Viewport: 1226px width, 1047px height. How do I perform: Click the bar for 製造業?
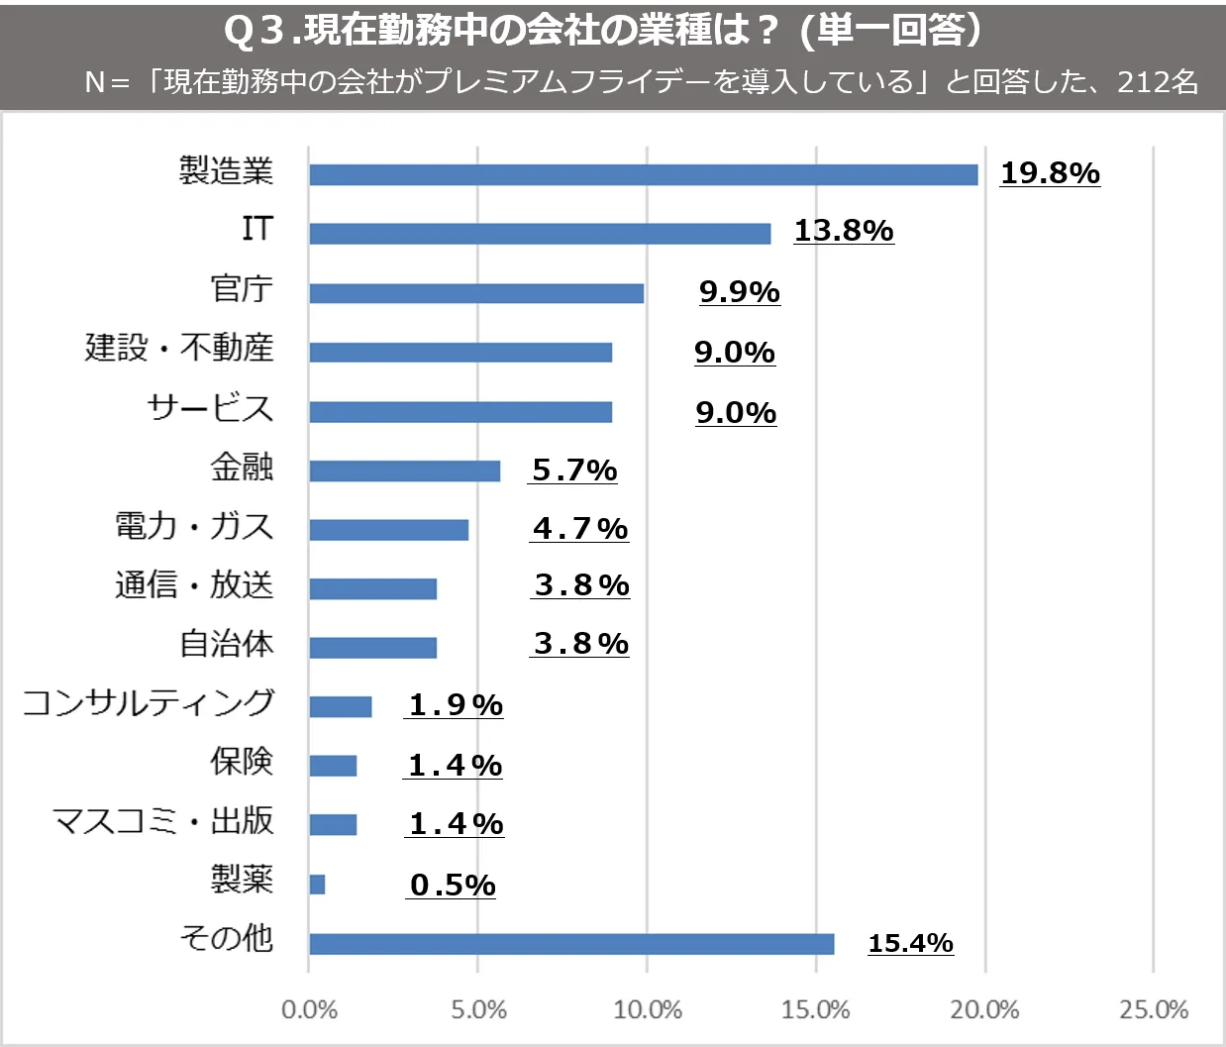click(644, 175)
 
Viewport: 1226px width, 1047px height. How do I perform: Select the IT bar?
click(540, 234)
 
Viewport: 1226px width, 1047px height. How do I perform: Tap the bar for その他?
click(571, 944)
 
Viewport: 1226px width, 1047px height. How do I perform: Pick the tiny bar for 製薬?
click(317, 885)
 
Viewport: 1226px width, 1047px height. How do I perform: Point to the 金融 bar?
click(404, 471)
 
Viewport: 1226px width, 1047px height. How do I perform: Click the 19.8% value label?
click(1050, 173)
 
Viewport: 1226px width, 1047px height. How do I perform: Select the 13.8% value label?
click(844, 231)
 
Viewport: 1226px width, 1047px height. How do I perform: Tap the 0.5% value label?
click(453, 885)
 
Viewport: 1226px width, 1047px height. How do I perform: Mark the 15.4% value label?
click(910, 943)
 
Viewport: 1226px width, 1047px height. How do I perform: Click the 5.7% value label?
click(574, 471)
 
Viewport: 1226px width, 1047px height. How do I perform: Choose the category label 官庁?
click(242, 288)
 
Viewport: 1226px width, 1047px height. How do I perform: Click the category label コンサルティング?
click(149, 702)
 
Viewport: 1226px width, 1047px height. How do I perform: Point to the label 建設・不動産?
click(179, 348)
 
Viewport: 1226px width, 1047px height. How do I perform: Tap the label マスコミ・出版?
click(162, 820)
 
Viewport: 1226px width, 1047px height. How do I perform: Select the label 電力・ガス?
click(194, 526)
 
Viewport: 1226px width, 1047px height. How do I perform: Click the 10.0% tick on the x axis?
click(648, 1009)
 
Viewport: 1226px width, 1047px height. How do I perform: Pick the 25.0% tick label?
click(1154, 1009)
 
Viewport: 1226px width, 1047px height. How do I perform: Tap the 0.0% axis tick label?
click(309, 1009)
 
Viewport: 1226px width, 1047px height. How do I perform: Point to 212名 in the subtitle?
click(1158, 81)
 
